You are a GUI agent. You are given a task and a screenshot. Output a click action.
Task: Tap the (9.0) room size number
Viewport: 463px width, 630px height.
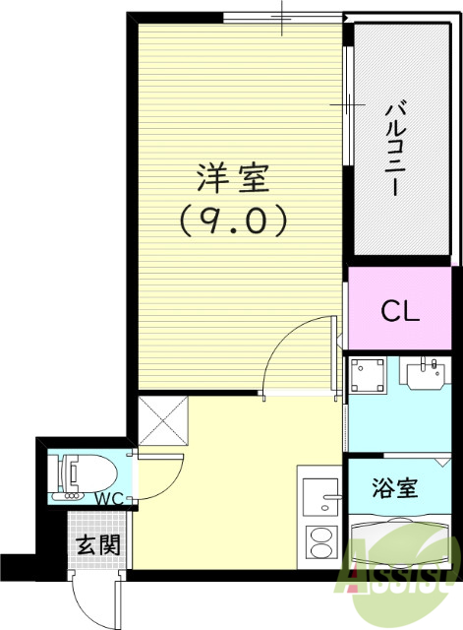[x=232, y=220]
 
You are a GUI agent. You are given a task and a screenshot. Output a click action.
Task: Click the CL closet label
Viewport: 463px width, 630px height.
[x=401, y=313]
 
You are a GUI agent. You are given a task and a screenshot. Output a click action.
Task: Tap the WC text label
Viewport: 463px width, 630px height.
[x=109, y=498]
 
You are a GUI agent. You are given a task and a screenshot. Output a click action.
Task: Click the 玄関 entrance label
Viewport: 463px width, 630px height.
[x=96, y=544]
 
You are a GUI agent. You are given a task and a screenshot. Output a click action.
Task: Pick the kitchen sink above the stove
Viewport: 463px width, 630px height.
[x=320, y=497]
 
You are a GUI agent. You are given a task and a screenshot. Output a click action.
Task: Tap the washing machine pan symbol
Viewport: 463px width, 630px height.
[x=371, y=377]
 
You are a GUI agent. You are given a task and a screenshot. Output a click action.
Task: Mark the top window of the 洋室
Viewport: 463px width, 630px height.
[x=282, y=17]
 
